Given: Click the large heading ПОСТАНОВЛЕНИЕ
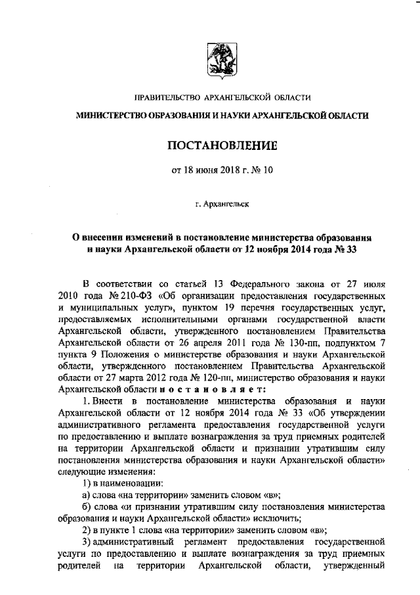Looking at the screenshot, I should (222, 144).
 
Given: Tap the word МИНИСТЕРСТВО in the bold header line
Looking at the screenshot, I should (115, 116).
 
